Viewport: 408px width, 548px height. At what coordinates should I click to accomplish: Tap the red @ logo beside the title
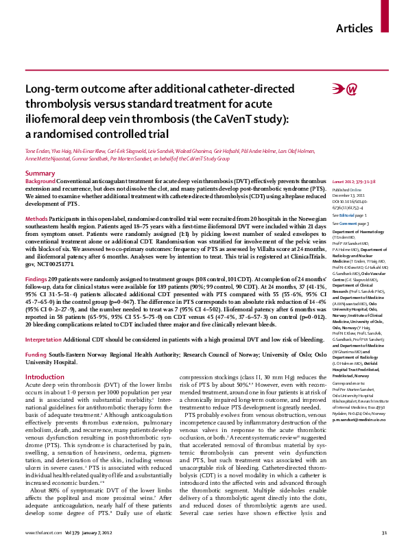pyautogui.click(x=345, y=88)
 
